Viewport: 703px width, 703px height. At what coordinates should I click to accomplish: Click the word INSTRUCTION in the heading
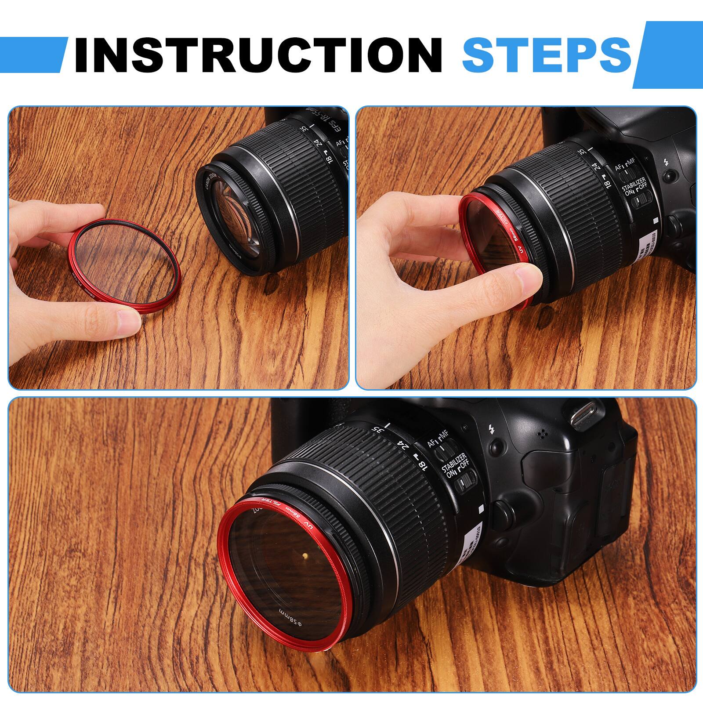258,54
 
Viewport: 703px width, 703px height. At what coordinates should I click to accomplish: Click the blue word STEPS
546,54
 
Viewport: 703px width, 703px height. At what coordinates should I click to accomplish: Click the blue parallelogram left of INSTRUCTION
33,54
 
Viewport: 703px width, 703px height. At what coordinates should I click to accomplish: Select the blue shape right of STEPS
668,54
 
